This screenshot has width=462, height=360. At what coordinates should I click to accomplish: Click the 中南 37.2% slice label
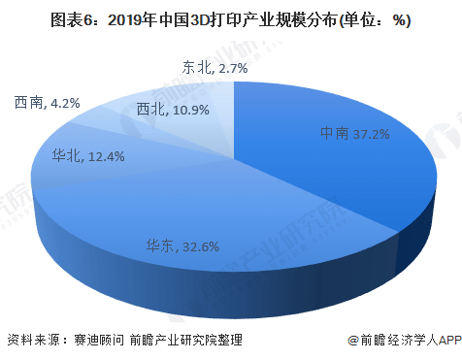[355, 133]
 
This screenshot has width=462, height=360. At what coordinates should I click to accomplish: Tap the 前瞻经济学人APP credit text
[406, 340]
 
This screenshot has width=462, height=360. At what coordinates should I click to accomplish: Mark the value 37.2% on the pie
[372, 133]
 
